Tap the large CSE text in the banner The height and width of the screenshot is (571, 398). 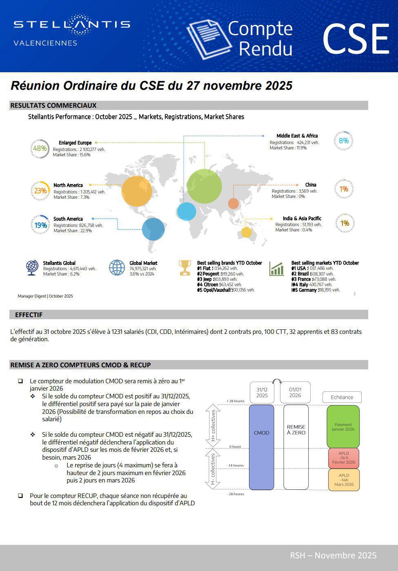point(356,39)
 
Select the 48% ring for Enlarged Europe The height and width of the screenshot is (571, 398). point(40,149)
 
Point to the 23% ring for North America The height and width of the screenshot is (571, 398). point(40,191)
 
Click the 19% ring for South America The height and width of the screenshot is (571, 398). point(40,225)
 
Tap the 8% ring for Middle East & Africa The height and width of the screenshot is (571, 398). point(343,141)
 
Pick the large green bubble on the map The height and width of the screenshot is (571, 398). point(204,186)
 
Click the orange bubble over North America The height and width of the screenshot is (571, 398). point(137,191)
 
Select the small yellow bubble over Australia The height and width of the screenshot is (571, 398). point(247,232)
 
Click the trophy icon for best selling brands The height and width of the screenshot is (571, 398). point(185,268)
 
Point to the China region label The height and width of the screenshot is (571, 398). point(310,185)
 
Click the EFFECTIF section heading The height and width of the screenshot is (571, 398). point(29,315)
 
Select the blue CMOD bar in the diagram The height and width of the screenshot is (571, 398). point(261,447)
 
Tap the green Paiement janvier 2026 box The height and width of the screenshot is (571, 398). point(343,427)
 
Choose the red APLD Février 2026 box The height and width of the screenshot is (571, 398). point(343,458)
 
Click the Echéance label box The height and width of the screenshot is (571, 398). point(342,397)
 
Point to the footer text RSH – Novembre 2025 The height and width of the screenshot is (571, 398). point(333,555)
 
